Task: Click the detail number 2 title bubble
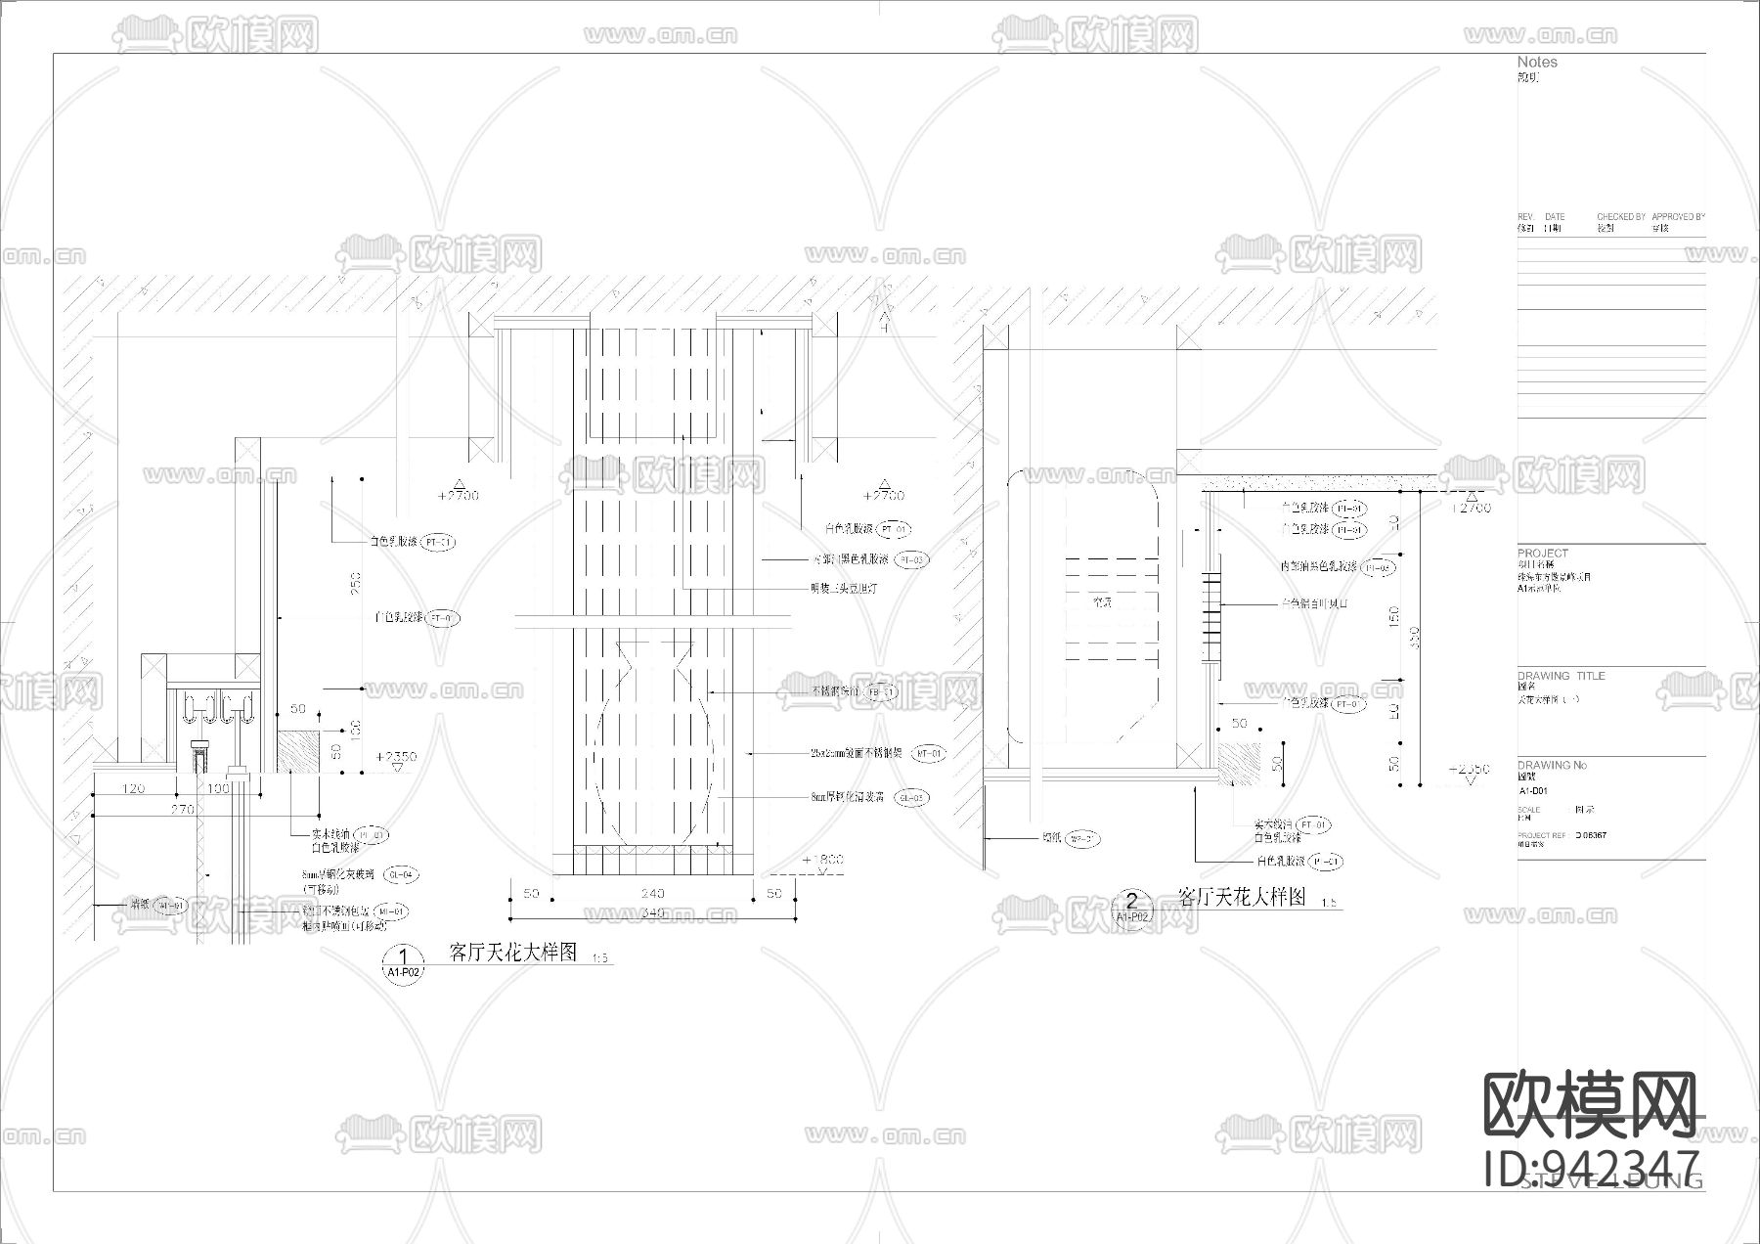(1133, 907)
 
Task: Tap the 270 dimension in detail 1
(183, 809)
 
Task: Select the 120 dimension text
(132, 788)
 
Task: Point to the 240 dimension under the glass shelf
(652, 893)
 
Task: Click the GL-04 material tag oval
(400, 874)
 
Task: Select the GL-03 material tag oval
(911, 798)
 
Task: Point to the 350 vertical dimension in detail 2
(1415, 636)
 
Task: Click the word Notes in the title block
(1537, 62)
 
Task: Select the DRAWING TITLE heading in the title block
(1561, 676)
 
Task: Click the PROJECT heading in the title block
(1542, 554)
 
